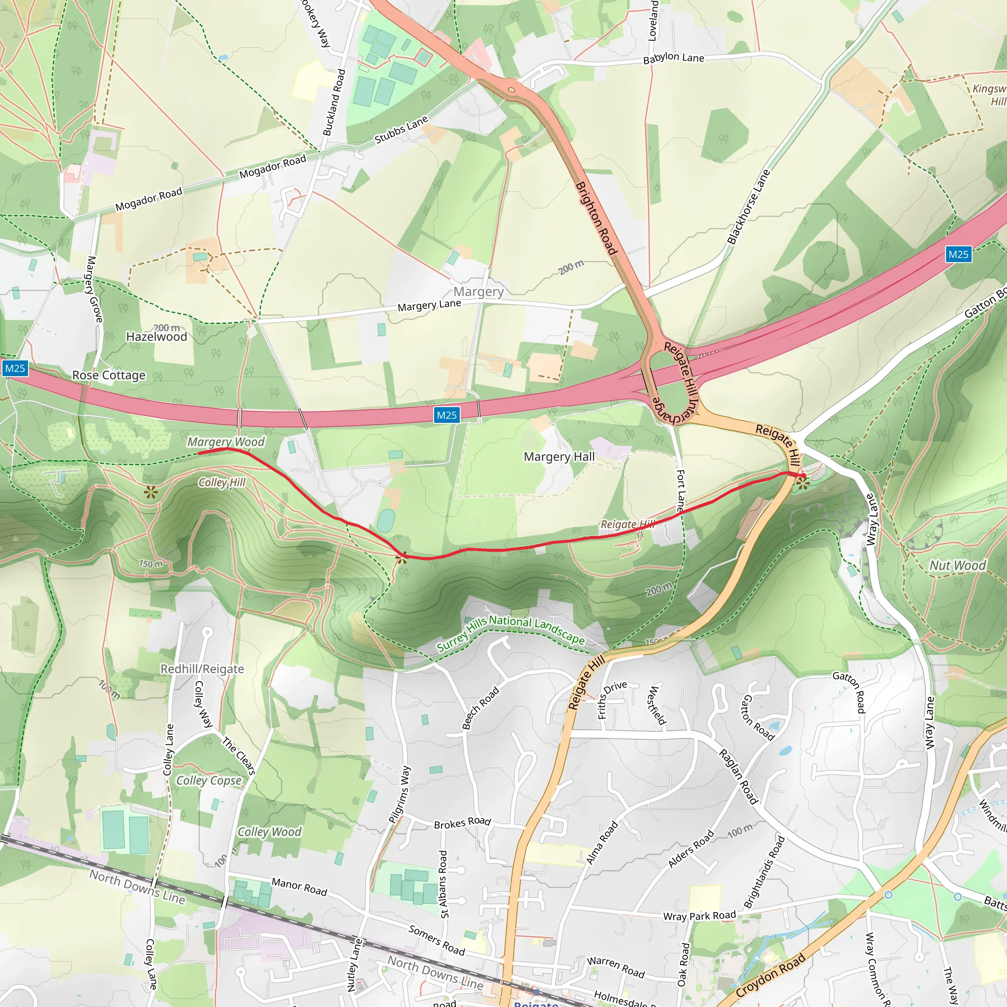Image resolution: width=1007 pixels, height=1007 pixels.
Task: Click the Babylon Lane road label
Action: [674, 58]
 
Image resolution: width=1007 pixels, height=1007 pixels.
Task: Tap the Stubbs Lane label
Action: [401, 129]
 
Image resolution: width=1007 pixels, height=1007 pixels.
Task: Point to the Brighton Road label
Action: [596, 218]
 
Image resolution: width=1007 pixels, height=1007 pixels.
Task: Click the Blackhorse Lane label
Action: [748, 207]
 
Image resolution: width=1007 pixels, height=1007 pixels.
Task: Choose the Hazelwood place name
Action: [156, 337]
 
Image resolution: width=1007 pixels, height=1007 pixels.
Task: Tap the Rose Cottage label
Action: [109, 375]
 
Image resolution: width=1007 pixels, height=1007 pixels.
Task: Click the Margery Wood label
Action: [226, 442]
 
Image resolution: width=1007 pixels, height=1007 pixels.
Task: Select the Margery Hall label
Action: [559, 457]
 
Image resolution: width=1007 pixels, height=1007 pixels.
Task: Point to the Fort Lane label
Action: [681, 490]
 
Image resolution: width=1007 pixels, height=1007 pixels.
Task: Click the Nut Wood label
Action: [958, 565]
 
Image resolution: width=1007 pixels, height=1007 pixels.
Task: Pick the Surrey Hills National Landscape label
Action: [511, 633]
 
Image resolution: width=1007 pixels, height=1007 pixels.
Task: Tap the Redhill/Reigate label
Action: [202, 669]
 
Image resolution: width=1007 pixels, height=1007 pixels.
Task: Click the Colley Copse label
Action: [209, 780]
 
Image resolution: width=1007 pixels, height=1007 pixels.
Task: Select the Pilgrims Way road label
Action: [400, 795]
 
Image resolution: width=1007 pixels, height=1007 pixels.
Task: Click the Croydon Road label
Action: [770, 975]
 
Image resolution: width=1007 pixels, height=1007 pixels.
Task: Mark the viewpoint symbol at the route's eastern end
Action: [802, 483]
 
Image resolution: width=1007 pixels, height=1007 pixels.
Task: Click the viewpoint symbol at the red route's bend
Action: [401, 558]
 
